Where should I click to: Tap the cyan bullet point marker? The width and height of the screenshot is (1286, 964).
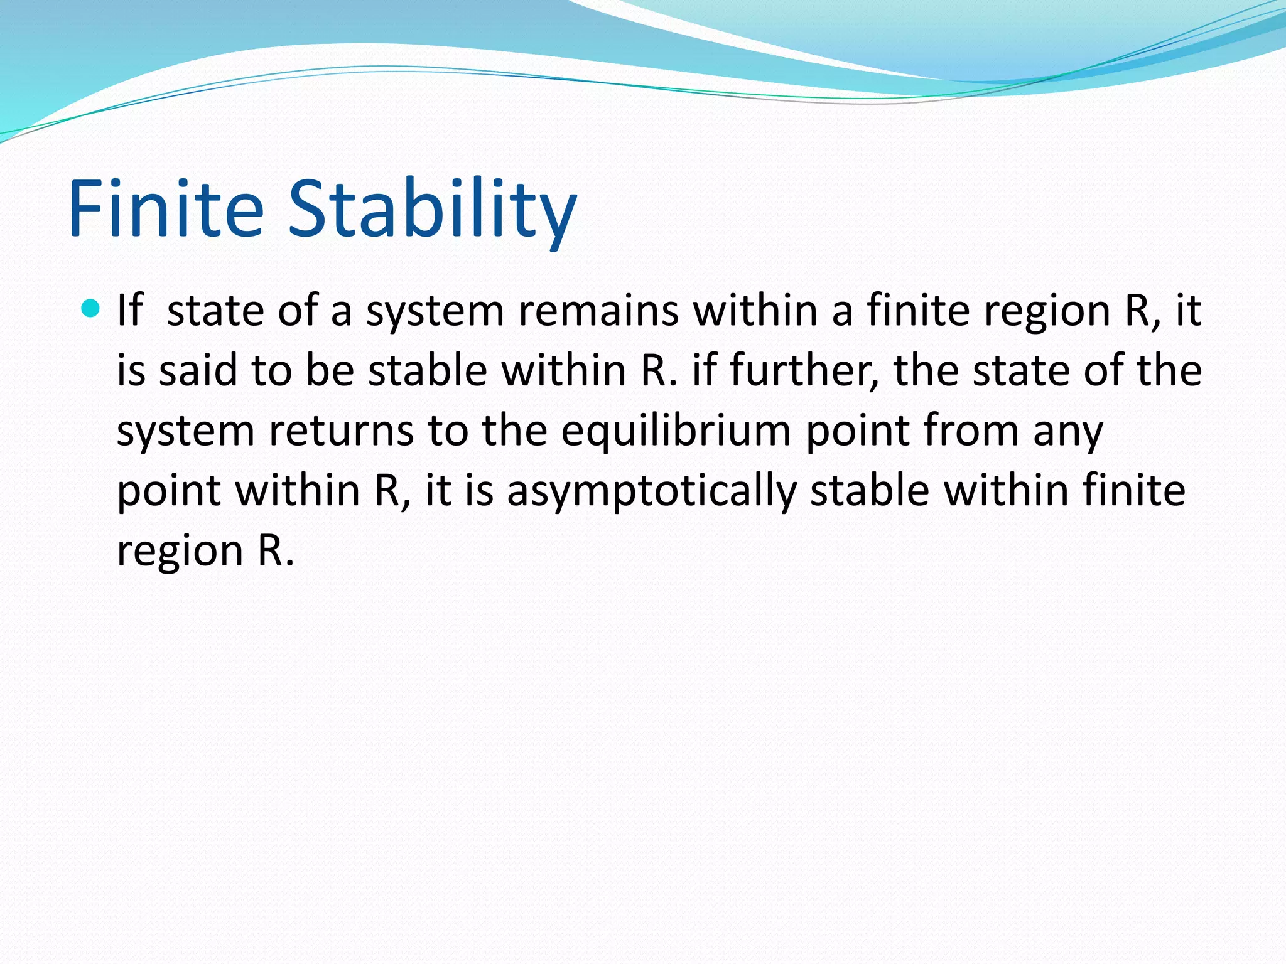pyautogui.click(x=91, y=309)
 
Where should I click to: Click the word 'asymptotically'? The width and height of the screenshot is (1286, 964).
pyautogui.click(x=652, y=491)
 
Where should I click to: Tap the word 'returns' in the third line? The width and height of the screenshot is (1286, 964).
pyautogui.click(x=342, y=432)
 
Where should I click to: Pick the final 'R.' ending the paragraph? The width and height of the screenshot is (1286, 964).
pyautogui.click(x=276, y=551)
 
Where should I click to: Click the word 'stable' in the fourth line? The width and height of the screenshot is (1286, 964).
pyautogui.click(x=870, y=491)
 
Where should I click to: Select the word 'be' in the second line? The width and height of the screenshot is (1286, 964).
pyautogui.click(x=330, y=370)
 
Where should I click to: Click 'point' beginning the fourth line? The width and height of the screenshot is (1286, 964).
pyautogui.click(x=169, y=491)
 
